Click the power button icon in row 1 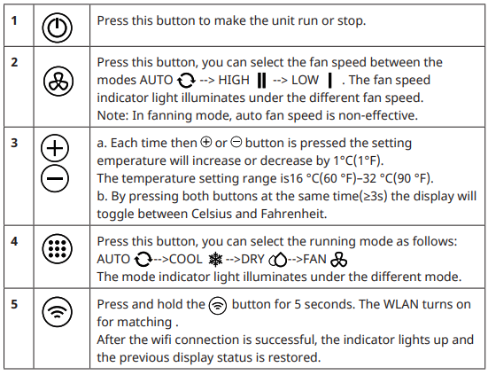pyautogui.click(x=57, y=28)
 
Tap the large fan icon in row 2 pyautogui.click(x=58, y=81)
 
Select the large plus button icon pyautogui.click(x=55, y=148)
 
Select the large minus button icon pyautogui.click(x=55, y=178)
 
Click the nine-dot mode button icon pyautogui.click(x=57, y=249)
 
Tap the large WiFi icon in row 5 pyautogui.click(x=57, y=312)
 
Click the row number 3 pyautogui.click(x=14, y=144)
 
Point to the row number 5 pyautogui.click(x=14, y=305)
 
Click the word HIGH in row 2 pyautogui.click(x=234, y=80)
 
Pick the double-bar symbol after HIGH pyautogui.click(x=262, y=81)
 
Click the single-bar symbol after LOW pyautogui.click(x=329, y=81)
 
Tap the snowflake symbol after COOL pyautogui.click(x=215, y=260)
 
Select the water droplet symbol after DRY pyautogui.click(x=278, y=260)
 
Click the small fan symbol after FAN pyautogui.click(x=339, y=260)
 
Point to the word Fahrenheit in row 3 pyautogui.click(x=293, y=214)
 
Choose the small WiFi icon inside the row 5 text pyautogui.click(x=218, y=306)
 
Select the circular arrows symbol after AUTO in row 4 pyautogui.click(x=143, y=260)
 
